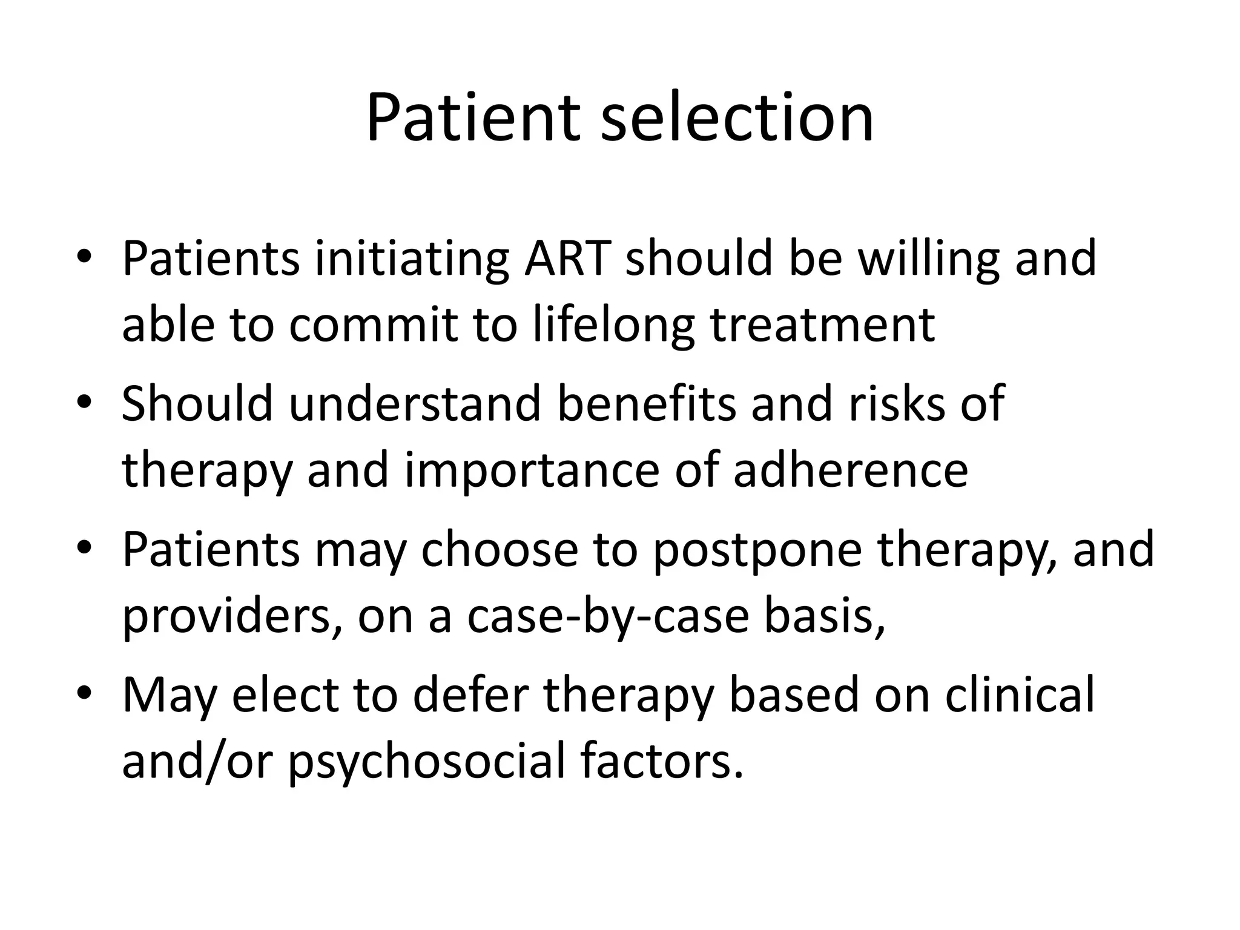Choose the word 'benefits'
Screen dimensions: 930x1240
(646, 404)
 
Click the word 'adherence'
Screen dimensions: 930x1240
(851, 471)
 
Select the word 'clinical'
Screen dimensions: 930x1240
(1020, 695)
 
